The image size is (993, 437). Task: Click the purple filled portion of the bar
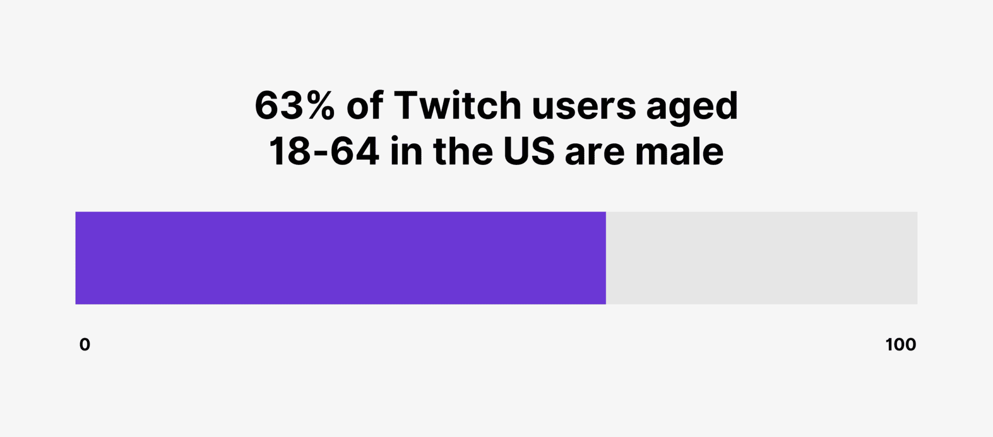(340, 258)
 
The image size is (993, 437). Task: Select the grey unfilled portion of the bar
(761, 258)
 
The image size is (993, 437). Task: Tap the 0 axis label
(85, 344)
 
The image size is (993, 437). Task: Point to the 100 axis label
(900, 344)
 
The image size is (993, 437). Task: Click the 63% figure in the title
(294, 106)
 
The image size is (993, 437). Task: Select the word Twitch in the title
(457, 106)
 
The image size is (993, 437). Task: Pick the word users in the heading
(584, 106)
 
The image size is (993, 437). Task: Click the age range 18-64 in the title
(324, 152)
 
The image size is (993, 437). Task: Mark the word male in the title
(679, 152)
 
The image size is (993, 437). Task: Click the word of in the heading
(365, 106)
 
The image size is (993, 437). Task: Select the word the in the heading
(463, 152)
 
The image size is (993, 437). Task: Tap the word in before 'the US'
(407, 152)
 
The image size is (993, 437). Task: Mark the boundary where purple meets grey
(606, 258)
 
